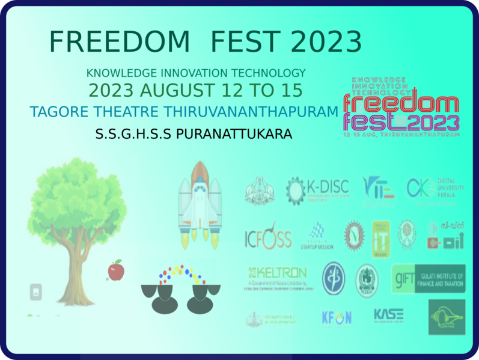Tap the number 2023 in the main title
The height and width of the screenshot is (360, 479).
coord(326,42)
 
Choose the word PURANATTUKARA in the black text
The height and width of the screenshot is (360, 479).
coord(234,133)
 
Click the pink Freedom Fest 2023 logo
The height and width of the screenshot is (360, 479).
coord(401,108)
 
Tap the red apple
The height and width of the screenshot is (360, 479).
coord(115,270)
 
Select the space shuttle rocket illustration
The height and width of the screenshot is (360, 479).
coord(200,204)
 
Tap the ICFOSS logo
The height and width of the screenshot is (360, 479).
coord(267,238)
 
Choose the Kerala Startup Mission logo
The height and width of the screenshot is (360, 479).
coord(317,237)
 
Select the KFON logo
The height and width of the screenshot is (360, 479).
coord(336,317)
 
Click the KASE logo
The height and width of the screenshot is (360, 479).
coord(388,316)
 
